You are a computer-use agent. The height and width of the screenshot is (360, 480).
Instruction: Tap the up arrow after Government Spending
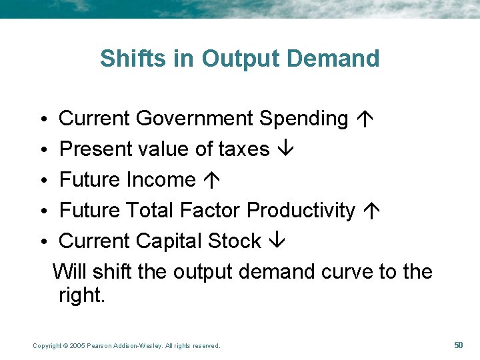coord(365,119)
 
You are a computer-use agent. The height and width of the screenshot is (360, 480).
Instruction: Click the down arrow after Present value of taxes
coord(283,149)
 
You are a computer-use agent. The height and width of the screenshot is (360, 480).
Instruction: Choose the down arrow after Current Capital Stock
coord(275,241)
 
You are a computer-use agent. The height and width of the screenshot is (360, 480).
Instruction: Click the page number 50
coord(458,345)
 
